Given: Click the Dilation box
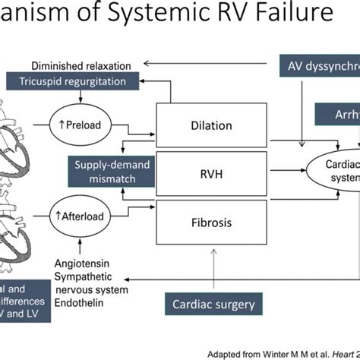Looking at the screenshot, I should pyautogui.click(x=212, y=122).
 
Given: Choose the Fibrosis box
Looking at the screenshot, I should pyautogui.click(x=212, y=224).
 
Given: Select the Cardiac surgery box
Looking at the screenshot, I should pyautogui.click(x=212, y=305).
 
